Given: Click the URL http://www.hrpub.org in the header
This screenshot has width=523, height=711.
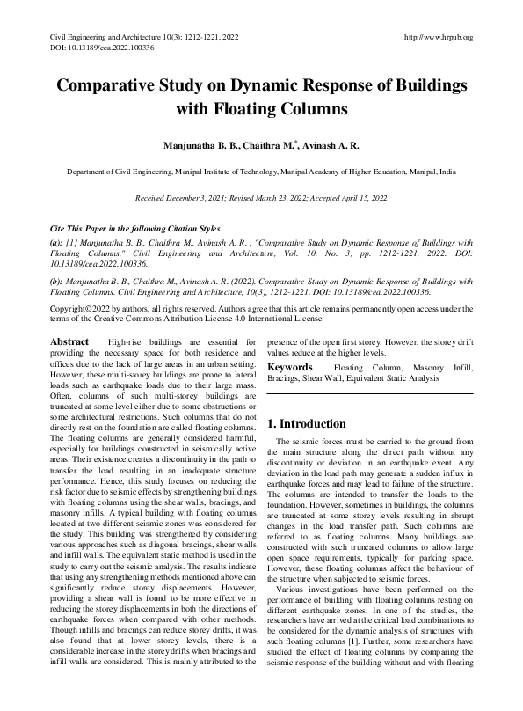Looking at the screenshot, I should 437,37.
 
